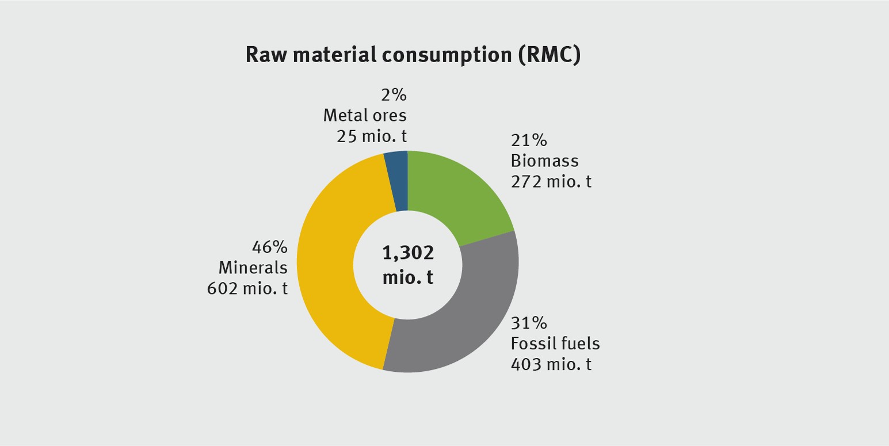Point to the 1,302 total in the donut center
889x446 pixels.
point(408,253)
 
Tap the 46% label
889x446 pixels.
point(269,248)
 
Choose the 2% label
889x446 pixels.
point(394,95)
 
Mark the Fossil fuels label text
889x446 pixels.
point(555,344)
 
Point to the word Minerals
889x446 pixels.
point(253,268)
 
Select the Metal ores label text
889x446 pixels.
point(365,115)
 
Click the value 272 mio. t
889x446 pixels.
point(551,182)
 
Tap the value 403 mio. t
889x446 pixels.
point(551,364)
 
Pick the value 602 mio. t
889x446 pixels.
point(247,288)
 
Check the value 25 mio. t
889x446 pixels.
point(372,135)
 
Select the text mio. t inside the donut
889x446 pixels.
point(408,278)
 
